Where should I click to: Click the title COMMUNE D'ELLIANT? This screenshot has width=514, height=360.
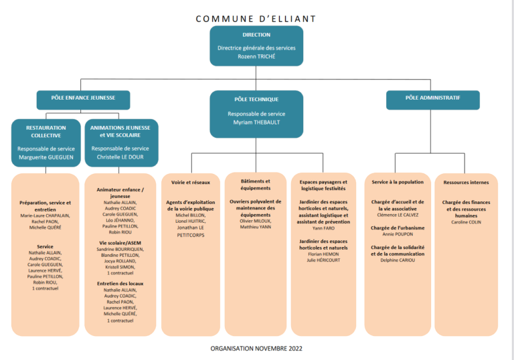(256, 19)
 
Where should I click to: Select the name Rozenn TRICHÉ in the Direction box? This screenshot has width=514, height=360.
(256, 56)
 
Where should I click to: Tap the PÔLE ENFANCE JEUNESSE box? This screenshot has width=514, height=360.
(83, 100)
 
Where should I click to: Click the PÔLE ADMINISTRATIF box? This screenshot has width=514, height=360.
(433, 100)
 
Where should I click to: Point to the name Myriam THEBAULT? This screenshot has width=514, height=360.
(256, 122)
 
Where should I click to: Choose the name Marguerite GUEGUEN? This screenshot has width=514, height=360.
(46, 157)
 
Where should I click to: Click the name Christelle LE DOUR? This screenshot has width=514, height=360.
(120, 157)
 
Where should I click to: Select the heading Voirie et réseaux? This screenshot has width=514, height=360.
(191, 182)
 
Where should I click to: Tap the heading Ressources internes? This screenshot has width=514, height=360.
(466, 182)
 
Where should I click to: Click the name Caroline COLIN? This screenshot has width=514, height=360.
(466, 222)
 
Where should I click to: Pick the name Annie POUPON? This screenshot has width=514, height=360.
(398, 234)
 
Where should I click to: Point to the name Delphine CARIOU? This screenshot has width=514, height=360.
(398, 260)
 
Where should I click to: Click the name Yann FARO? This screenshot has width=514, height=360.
(323, 228)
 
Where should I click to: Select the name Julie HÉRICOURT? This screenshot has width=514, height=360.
(323, 260)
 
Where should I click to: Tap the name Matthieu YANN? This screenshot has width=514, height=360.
(256, 227)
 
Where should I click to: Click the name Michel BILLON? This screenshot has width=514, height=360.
(191, 215)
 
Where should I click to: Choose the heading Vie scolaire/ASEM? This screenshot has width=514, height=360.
(120, 243)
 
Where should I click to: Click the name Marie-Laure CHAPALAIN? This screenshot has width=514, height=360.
(45, 215)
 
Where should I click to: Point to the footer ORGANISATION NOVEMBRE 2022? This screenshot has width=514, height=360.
(256, 349)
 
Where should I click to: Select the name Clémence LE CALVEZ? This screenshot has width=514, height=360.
(398, 215)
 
